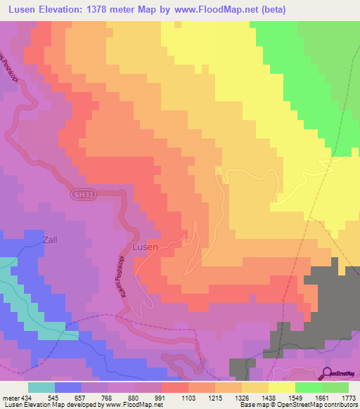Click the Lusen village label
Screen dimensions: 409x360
[146, 247]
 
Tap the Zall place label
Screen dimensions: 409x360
[50, 240]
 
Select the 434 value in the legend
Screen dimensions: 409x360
[27, 397]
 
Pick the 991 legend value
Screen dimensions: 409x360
[161, 397]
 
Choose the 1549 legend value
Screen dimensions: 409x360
[295, 397]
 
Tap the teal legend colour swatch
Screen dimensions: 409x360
[41, 387]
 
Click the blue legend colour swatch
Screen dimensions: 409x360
[68, 387]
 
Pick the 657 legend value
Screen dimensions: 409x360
[81, 397]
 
